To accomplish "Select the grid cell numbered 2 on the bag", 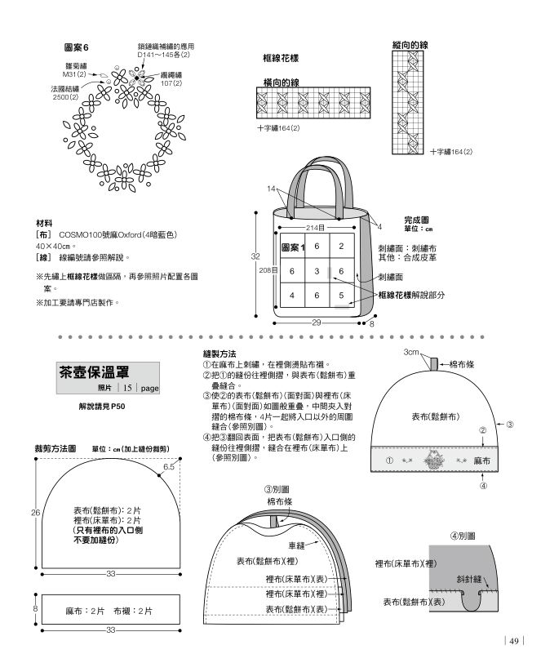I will click(x=341, y=246).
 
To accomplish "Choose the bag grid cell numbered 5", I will click(x=341, y=295).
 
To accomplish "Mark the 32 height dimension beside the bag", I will click(x=255, y=256).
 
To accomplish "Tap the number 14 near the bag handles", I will click(x=273, y=189).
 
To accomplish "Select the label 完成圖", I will click(x=418, y=220).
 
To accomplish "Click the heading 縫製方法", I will click(x=220, y=354).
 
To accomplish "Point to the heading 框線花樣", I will click(x=281, y=59).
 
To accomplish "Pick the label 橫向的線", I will click(x=281, y=83).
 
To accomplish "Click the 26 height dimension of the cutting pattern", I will click(x=35, y=512).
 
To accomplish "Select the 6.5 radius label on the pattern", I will click(x=169, y=467).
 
